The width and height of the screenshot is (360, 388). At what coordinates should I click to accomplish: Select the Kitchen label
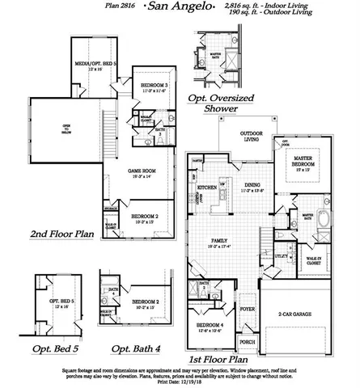[206, 187]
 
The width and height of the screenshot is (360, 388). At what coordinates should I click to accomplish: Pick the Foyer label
[247, 309]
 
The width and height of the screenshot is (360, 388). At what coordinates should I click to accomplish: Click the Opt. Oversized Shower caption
[220, 102]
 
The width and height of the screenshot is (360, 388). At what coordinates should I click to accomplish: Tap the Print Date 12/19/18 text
[180, 382]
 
